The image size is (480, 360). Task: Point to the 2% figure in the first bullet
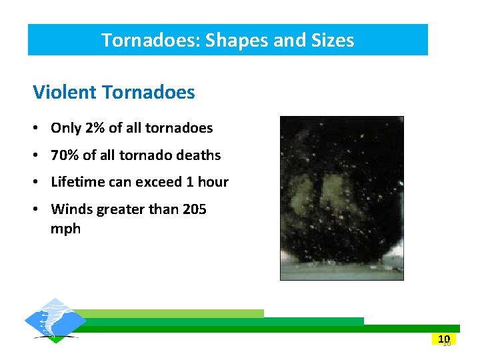pos(93,128)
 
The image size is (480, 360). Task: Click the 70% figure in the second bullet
pos(65,155)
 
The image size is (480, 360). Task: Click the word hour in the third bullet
pos(213,182)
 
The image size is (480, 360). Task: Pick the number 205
pos(194,209)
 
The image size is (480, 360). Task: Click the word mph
pos(65,229)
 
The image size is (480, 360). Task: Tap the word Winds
pos(71,209)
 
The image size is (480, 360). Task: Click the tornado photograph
pos(341,198)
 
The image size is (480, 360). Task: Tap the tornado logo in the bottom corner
pos(55,321)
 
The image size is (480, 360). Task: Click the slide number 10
pos(445,339)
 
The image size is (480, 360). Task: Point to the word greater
pos(121,209)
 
